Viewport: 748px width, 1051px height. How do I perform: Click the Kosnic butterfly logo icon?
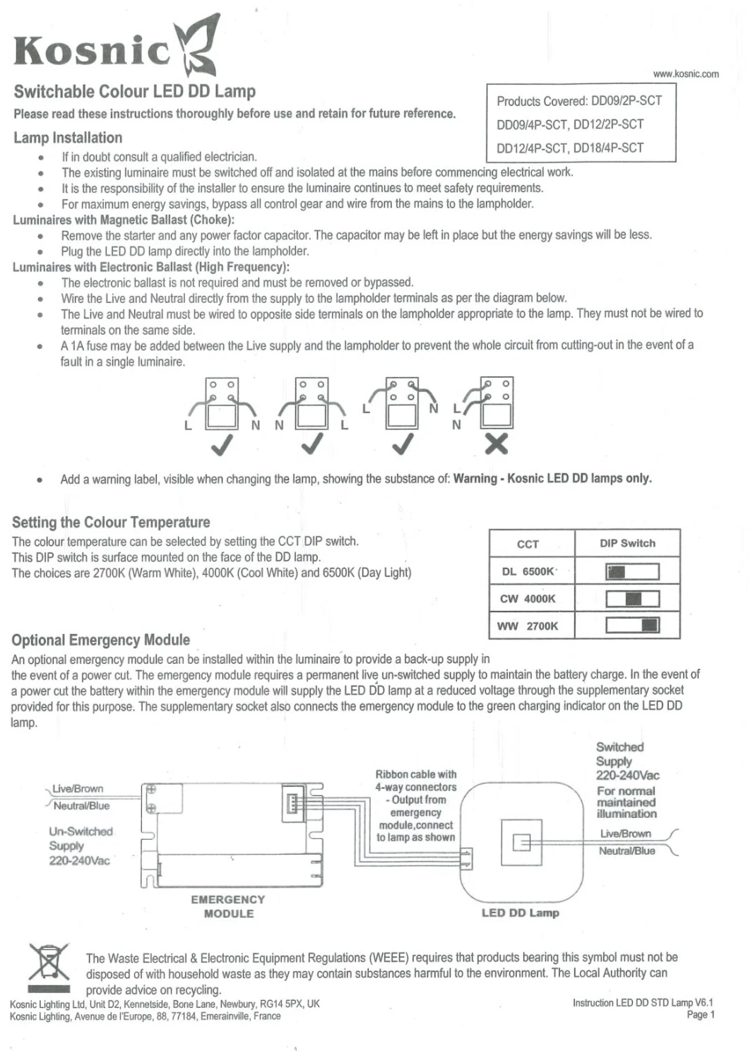[x=197, y=45]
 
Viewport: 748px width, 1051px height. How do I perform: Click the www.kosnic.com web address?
[x=686, y=73]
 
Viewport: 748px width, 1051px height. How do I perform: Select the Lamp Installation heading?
[x=68, y=138]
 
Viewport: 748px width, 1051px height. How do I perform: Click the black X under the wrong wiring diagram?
[x=497, y=444]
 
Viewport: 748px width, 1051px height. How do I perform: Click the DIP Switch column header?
[x=627, y=543]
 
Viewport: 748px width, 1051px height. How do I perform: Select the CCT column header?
[x=528, y=544]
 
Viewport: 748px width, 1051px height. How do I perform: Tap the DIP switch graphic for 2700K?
[x=633, y=625]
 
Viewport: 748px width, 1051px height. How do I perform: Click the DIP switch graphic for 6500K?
[x=633, y=571]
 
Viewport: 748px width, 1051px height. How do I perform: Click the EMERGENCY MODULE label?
[x=228, y=906]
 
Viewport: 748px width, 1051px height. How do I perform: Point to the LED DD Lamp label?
[x=521, y=913]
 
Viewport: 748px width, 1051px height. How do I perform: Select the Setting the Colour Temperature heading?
[x=111, y=522]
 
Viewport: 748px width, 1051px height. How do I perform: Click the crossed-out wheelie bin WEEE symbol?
[x=49, y=968]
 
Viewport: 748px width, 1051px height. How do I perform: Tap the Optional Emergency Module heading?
[x=100, y=639]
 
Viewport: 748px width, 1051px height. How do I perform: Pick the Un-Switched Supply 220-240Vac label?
[x=81, y=845]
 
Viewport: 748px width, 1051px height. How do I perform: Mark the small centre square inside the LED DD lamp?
[x=521, y=843]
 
